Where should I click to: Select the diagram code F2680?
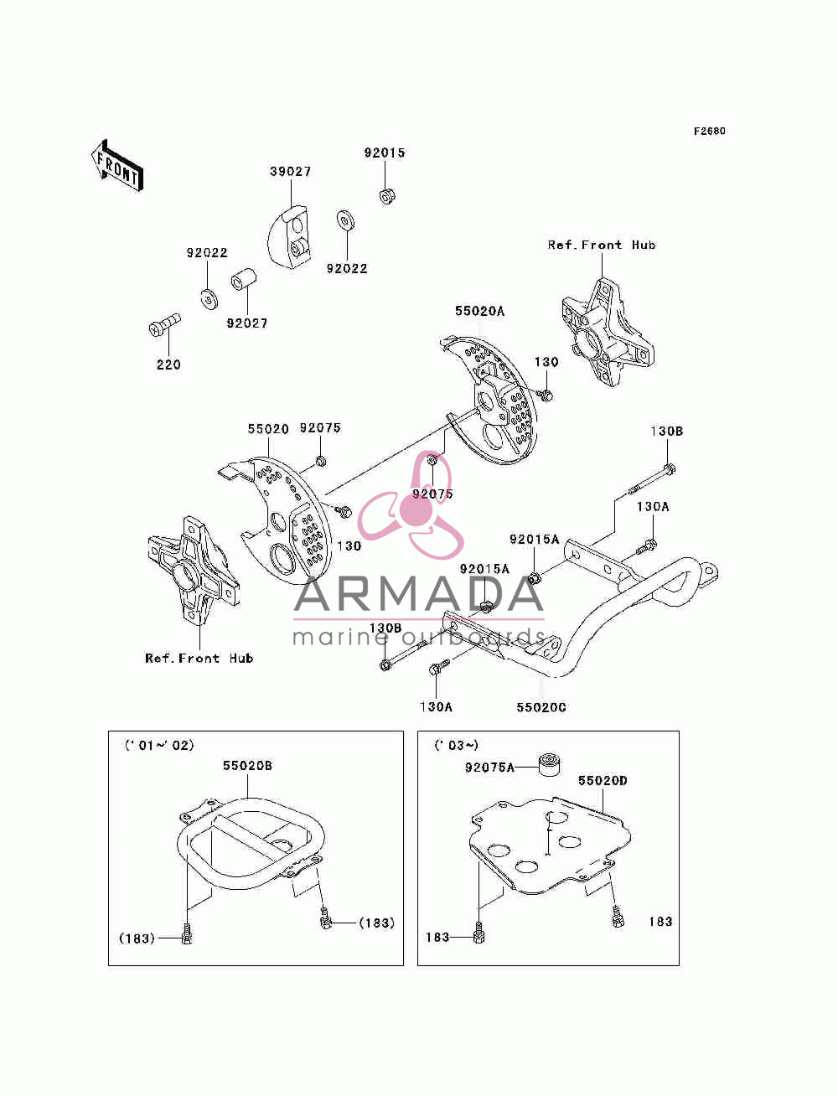coord(709,131)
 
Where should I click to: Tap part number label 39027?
coord(290,171)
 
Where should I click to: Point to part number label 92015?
coord(384,153)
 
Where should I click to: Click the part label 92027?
coord(246,323)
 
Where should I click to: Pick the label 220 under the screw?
coord(168,364)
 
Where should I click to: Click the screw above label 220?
coord(165,324)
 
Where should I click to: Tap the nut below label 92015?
coord(386,195)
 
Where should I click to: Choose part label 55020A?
coord(479,311)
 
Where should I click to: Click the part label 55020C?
coord(541,707)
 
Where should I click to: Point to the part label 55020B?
coord(247,766)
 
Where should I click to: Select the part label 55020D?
coord(603,780)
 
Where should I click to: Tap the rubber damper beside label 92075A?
coord(549,765)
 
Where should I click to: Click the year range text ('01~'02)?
coord(159,746)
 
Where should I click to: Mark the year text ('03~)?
coord(456,746)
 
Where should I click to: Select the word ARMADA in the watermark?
coord(418,594)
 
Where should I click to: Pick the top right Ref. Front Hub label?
coord(602,245)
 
